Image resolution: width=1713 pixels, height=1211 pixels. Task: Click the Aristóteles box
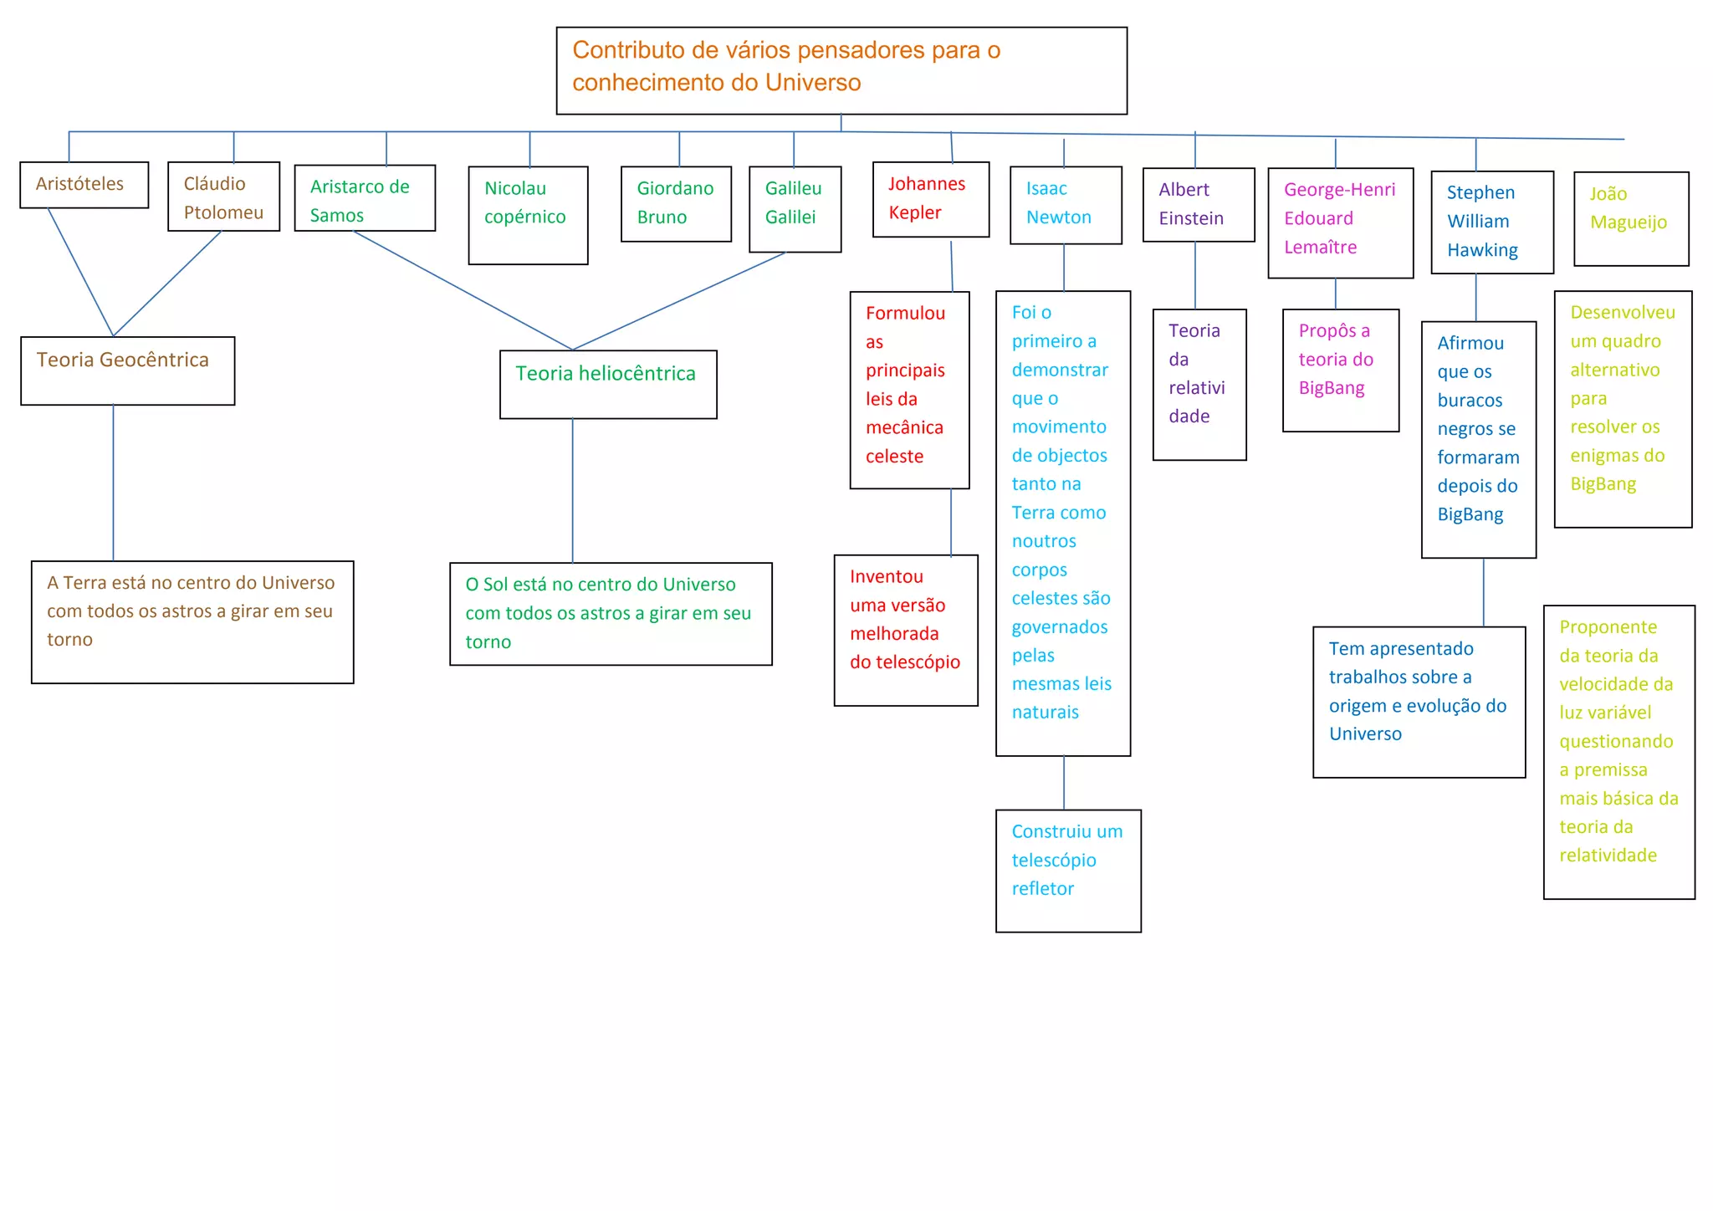pos(84,185)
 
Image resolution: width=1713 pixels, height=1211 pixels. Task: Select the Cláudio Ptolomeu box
pos(223,197)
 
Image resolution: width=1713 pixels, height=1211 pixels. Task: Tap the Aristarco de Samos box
pos(365,198)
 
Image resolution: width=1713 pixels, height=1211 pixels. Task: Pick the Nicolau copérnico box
pos(528,215)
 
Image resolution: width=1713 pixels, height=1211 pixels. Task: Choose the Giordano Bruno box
pos(676,204)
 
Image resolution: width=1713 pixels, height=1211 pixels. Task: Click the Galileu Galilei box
pos(795,209)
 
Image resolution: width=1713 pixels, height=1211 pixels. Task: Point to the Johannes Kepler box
pos(931,200)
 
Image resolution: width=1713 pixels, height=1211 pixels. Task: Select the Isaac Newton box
pos(1066,205)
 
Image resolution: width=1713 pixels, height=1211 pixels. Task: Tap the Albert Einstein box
pos(1198,205)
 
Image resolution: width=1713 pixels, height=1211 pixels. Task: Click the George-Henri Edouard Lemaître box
pos(1340,222)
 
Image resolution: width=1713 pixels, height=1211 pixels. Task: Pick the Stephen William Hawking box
pos(1492,222)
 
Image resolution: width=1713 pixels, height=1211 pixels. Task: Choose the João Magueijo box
pos(1631,219)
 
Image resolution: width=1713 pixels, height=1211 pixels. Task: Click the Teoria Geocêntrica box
pos(128,370)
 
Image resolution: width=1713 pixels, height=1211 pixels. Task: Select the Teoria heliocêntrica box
pos(608,384)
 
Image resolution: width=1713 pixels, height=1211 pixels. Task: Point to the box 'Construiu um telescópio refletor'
pos(1068,870)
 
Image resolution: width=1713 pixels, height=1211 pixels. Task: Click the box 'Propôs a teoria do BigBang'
pos(1340,370)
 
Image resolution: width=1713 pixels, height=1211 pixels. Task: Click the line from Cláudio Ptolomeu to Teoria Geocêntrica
pos(167,284)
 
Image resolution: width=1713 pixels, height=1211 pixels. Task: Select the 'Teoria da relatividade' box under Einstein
pos(1199,385)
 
